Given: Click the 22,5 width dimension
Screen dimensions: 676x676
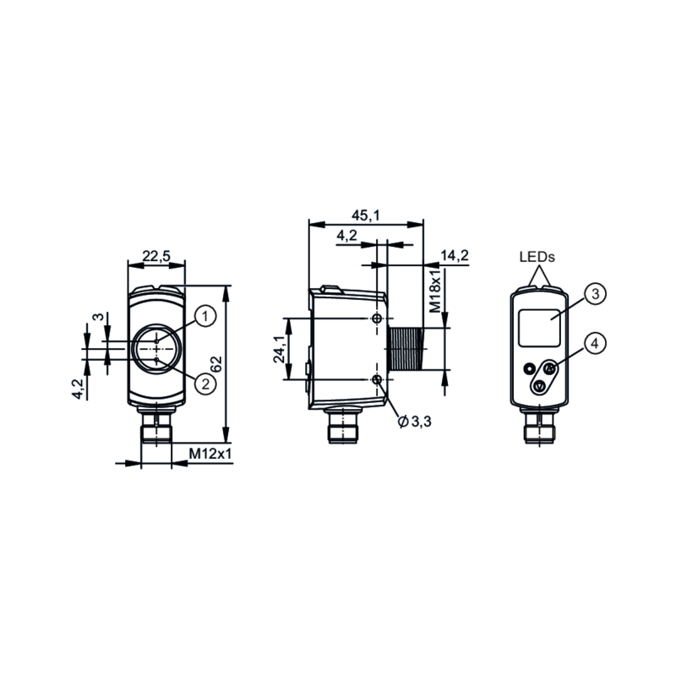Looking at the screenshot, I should coord(156,256).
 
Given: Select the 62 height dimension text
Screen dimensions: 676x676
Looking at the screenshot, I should coord(216,364).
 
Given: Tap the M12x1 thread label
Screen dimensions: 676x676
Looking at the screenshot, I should coord(210,454).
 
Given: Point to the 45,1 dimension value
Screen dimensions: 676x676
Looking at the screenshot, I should coord(365,216).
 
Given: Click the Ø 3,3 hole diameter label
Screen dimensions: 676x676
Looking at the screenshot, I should coord(415,422).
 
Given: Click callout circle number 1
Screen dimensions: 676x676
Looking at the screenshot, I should coord(204,316).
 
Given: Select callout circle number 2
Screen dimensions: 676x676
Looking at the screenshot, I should coord(204,384).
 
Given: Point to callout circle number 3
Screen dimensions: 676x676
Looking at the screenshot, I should coord(595,294).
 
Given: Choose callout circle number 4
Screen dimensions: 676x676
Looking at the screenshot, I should coord(595,343).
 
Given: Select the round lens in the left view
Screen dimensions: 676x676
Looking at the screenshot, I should coord(156,349).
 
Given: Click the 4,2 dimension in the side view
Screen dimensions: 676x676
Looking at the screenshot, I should coord(346,236).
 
